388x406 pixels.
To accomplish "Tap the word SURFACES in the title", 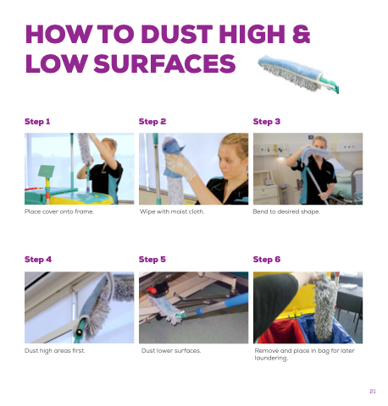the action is click(164, 63).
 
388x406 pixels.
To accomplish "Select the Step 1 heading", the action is click(37, 122).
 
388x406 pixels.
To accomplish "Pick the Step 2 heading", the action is click(152, 122).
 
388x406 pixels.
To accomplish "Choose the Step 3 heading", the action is click(267, 122).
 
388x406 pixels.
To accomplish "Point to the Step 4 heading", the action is click(38, 260).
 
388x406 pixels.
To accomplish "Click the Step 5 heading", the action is click(152, 260).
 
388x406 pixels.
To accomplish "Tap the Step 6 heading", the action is click(267, 260).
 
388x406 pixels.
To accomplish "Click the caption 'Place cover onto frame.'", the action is click(59, 211).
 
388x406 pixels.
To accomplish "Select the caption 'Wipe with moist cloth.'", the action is click(172, 211).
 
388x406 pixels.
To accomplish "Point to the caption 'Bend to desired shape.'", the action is click(286, 211).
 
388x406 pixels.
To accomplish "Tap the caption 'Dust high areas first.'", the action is click(55, 351).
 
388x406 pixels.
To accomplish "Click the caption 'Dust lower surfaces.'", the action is click(171, 351).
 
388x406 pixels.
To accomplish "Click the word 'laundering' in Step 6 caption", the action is click(271, 358).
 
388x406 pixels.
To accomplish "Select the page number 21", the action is click(373, 392).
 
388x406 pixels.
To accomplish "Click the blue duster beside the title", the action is click(298, 74).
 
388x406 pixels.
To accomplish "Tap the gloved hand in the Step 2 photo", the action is click(180, 167).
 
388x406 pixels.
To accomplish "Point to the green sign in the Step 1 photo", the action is click(46, 171).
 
